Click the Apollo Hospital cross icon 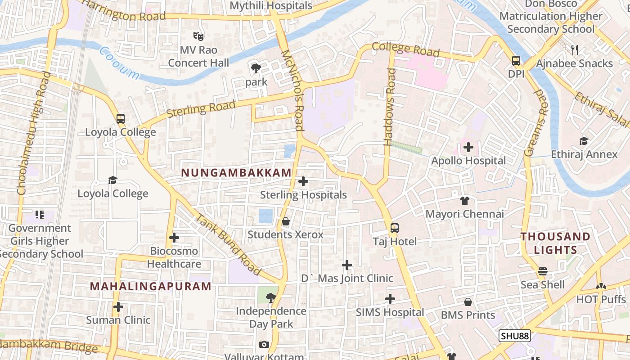click(468, 147)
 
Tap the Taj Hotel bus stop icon click(395, 228)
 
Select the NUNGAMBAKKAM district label click(236, 173)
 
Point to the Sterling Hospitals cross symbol click(303, 181)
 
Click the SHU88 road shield click(515, 336)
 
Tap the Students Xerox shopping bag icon click(285, 221)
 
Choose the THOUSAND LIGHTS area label click(555, 243)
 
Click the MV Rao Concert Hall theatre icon click(198, 36)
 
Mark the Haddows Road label click(390, 107)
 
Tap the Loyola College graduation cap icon click(112, 180)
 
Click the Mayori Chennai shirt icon click(464, 201)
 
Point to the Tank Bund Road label click(228, 244)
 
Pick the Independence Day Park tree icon click(270, 297)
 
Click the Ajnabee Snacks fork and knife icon click(574, 49)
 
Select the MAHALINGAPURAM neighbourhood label click(150, 287)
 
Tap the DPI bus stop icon click(516, 61)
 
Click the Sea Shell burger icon click(543, 271)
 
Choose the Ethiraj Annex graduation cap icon click(584, 141)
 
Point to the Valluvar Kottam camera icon click(264, 345)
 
